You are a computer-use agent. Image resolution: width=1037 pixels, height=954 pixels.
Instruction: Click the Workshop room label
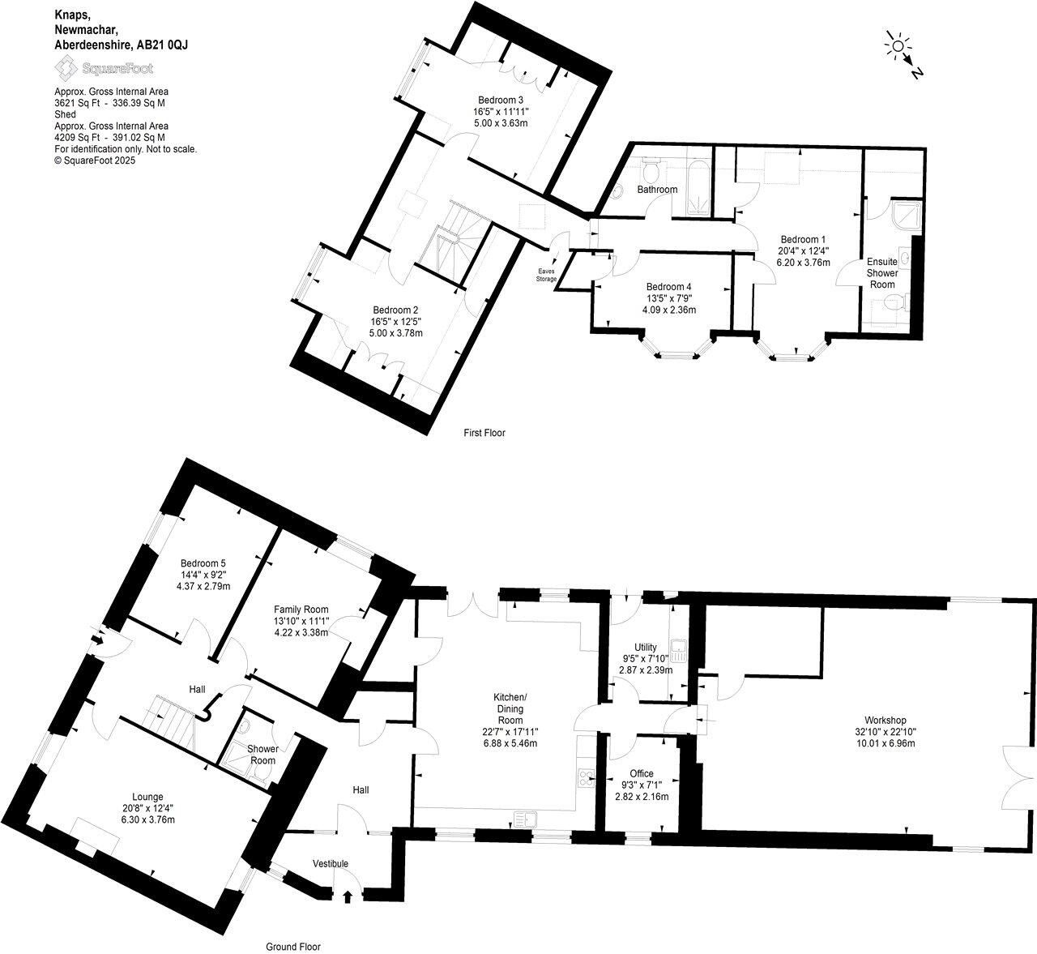(885, 720)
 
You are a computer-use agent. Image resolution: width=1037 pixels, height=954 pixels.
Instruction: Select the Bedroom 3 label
(500, 100)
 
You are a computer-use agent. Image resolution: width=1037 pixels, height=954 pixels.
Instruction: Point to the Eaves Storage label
(546, 274)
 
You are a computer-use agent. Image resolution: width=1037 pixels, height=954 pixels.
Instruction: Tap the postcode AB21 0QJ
(162, 45)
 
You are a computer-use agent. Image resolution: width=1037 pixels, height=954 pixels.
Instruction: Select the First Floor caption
(484, 433)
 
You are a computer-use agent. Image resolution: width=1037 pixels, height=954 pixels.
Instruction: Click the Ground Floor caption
(293, 946)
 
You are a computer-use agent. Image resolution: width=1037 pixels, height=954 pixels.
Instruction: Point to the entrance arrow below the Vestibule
(348, 896)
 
